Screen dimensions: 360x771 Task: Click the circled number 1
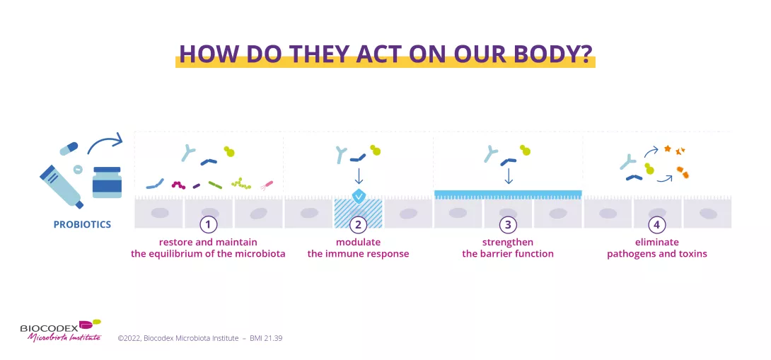[208, 225]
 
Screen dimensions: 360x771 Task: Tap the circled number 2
[358, 225]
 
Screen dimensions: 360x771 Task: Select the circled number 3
[508, 225]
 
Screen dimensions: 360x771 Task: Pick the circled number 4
[657, 225]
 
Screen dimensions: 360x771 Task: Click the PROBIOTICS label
[82, 225]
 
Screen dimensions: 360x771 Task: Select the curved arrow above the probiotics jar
[105, 144]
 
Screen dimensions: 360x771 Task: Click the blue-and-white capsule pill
[69, 148]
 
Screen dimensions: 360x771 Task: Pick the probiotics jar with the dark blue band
[107, 182]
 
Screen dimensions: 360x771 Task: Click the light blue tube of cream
[62, 185]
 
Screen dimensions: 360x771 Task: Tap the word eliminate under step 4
[656, 243]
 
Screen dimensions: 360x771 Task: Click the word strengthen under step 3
[508, 243]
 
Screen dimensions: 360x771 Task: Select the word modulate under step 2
[358, 243]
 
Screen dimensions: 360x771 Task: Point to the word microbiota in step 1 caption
[262, 254]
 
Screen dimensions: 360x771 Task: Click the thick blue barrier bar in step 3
[508, 193]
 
